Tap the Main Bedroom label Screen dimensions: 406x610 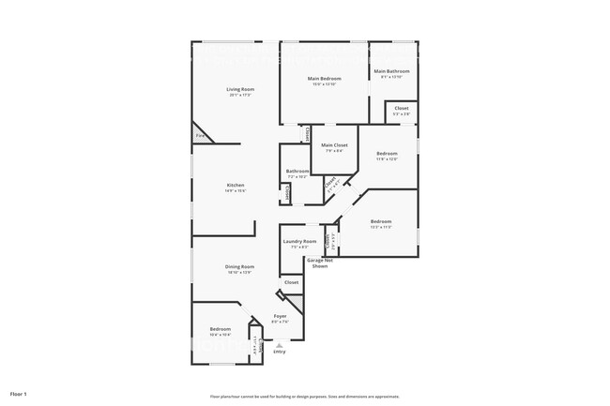tap(325, 79)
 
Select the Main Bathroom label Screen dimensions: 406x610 tap(392, 71)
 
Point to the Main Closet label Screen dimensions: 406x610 tap(334, 145)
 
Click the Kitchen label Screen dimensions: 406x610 tap(235, 185)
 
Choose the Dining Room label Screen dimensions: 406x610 tap(239, 267)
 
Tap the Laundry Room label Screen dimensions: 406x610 tap(300, 241)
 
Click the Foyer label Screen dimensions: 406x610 tap(280, 317)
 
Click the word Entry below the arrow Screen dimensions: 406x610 tap(279, 353)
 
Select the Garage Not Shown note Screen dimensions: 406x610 tap(319, 263)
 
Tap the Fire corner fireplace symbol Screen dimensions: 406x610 tap(200, 135)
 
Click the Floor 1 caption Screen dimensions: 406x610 tap(19, 394)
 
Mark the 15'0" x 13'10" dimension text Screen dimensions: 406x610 tap(325, 84)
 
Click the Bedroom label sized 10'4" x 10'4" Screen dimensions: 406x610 tap(221, 329)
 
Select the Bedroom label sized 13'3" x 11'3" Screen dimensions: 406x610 tap(381, 221)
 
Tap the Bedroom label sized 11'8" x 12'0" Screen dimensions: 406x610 tap(387, 154)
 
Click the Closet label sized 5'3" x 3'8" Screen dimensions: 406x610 tap(401, 109)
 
